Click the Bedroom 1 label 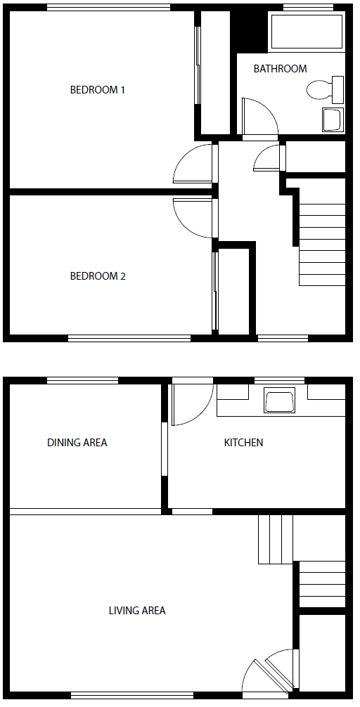click(x=98, y=90)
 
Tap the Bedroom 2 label click(x=98, y=276)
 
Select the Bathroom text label click(x=280, y=69)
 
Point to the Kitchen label click(x=243, y=443)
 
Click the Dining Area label click(x=77, y=443)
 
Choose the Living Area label click(x=137, y=611)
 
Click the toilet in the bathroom click(x=324, y=90)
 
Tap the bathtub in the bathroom click(x=307, y=31)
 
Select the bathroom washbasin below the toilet click(x=332, y=119)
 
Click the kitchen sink click(x=280, y=401)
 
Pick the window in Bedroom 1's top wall click(x=108, y=8)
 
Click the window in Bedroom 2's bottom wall click(x=129, y=338)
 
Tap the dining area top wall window click(x=82, y=380)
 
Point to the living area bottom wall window click(x=132, y=695)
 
